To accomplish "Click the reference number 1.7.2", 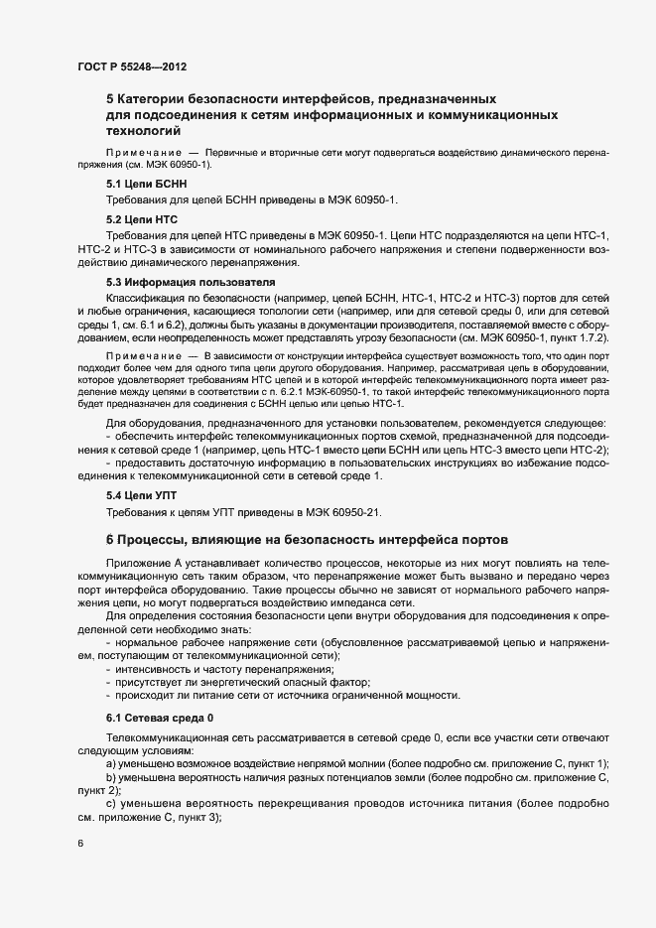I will tap(589, 338).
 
